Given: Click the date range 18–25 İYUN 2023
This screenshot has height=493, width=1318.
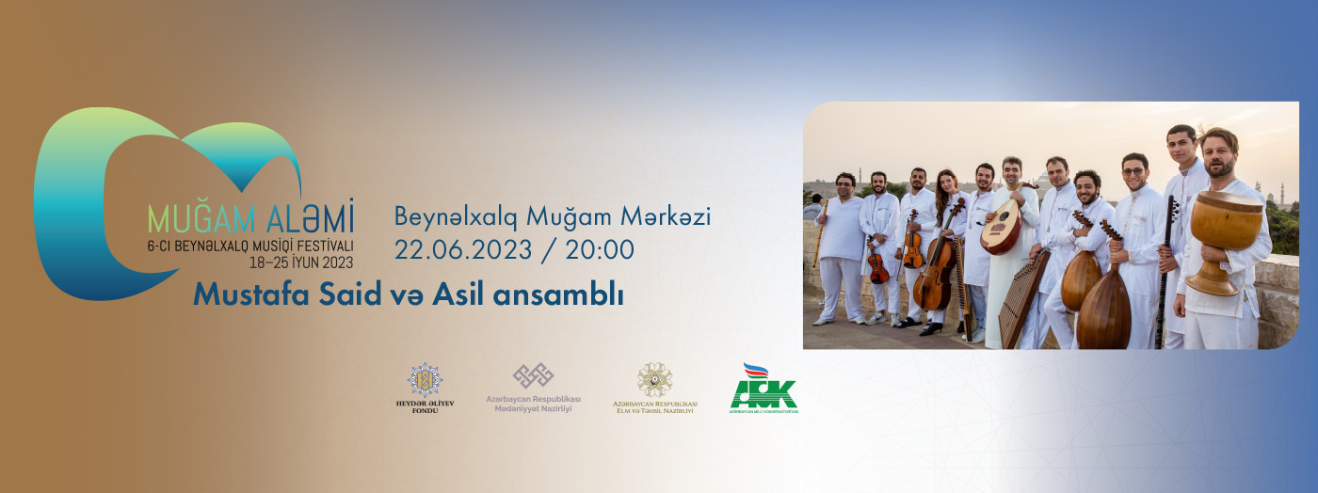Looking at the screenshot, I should point(294,262).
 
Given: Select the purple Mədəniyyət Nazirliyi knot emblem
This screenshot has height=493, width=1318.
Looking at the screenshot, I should point(533,376).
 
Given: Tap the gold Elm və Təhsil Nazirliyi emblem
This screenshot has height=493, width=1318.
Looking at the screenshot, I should point(654,379).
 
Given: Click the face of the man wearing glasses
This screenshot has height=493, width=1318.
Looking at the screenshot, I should point(1134,174).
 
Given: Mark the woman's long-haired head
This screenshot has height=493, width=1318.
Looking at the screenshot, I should point(946,184).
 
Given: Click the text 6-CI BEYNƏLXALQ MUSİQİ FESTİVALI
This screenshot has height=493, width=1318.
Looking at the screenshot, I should point(249,247).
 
